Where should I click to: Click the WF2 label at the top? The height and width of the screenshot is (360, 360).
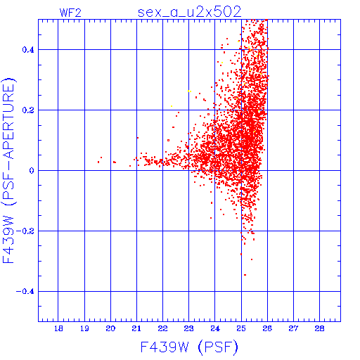click(70, 13)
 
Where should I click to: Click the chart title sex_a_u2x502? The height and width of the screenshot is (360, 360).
click(190, 12)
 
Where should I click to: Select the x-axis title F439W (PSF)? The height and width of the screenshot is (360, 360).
click(189, 347)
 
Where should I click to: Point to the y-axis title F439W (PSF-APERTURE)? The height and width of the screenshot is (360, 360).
click(8, 171)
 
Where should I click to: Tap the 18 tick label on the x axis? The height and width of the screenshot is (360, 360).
click(58, 328)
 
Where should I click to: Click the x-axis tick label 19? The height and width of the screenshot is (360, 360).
click(84, 328)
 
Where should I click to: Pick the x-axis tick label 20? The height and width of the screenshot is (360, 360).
click(110, 328)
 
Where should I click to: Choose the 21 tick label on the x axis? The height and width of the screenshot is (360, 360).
click(136, 328)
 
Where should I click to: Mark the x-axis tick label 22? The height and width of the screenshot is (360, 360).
click(162, 328)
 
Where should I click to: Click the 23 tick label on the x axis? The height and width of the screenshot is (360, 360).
click(188, 328)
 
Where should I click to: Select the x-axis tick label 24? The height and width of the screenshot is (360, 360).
click(215, 328)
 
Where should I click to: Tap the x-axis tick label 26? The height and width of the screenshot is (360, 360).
click(267, 328)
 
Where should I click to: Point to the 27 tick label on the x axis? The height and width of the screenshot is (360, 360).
click(293, 328)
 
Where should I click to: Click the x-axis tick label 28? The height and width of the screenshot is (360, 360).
click(319, 328)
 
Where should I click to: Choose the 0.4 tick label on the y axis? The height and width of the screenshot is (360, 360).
click(28, 50)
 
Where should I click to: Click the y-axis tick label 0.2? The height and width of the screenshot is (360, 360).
click(28, 110)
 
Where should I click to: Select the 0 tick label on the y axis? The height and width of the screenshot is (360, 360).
click(32, 171)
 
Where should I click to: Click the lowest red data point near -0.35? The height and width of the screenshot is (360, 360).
click(245, 275)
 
